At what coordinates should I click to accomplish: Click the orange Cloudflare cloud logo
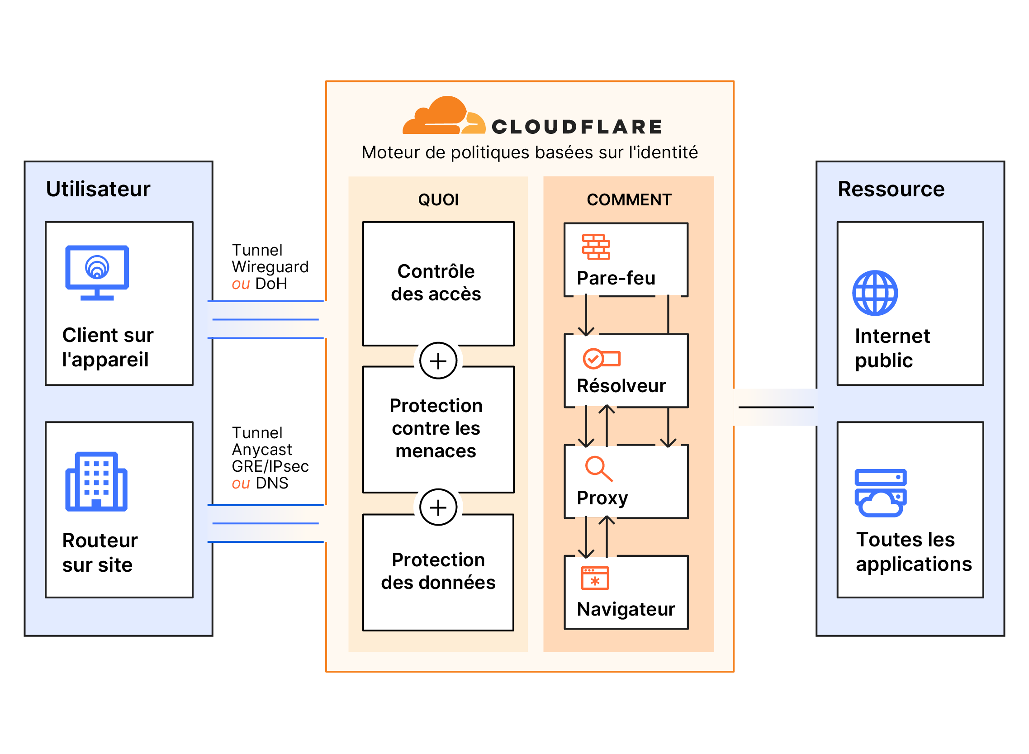[x=443, y=116]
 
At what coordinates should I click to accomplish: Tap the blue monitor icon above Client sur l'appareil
[x=97, y=272]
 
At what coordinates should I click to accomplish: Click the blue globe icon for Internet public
[x=875, y=293]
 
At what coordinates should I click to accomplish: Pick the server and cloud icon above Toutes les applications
[x=880, y=493]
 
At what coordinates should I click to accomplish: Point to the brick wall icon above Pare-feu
[x=596, y=247]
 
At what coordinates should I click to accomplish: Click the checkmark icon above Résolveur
[x=601, y=359]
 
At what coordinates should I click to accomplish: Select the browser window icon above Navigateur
[x=595, y=579]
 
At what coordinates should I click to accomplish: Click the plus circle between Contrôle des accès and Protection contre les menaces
[x=438, y=361]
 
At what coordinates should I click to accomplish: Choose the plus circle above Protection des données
[x=438, y=507]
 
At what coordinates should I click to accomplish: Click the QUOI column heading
[x=438, y=200]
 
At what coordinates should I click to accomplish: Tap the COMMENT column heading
[x=628, y=200]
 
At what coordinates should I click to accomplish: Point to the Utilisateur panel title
[x=98, y=189]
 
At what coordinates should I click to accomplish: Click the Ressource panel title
[x=890, y=189]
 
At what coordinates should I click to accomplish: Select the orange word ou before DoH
[x=241, y=284]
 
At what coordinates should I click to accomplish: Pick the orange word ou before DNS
[x=241, y=483]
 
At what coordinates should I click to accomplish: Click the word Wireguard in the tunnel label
[x=270, y=267]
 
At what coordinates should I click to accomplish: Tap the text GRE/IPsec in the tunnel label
[x=270, y=466]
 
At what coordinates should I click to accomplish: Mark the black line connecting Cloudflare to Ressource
[x=775, y=407]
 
